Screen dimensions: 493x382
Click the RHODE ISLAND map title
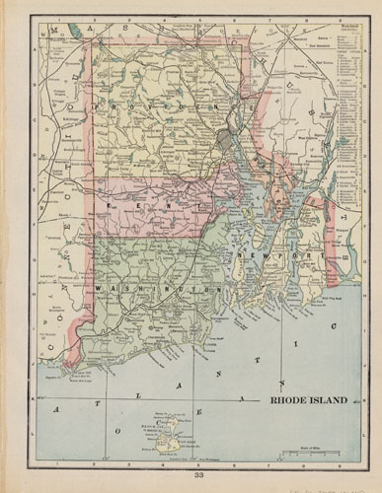coord(309,402)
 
